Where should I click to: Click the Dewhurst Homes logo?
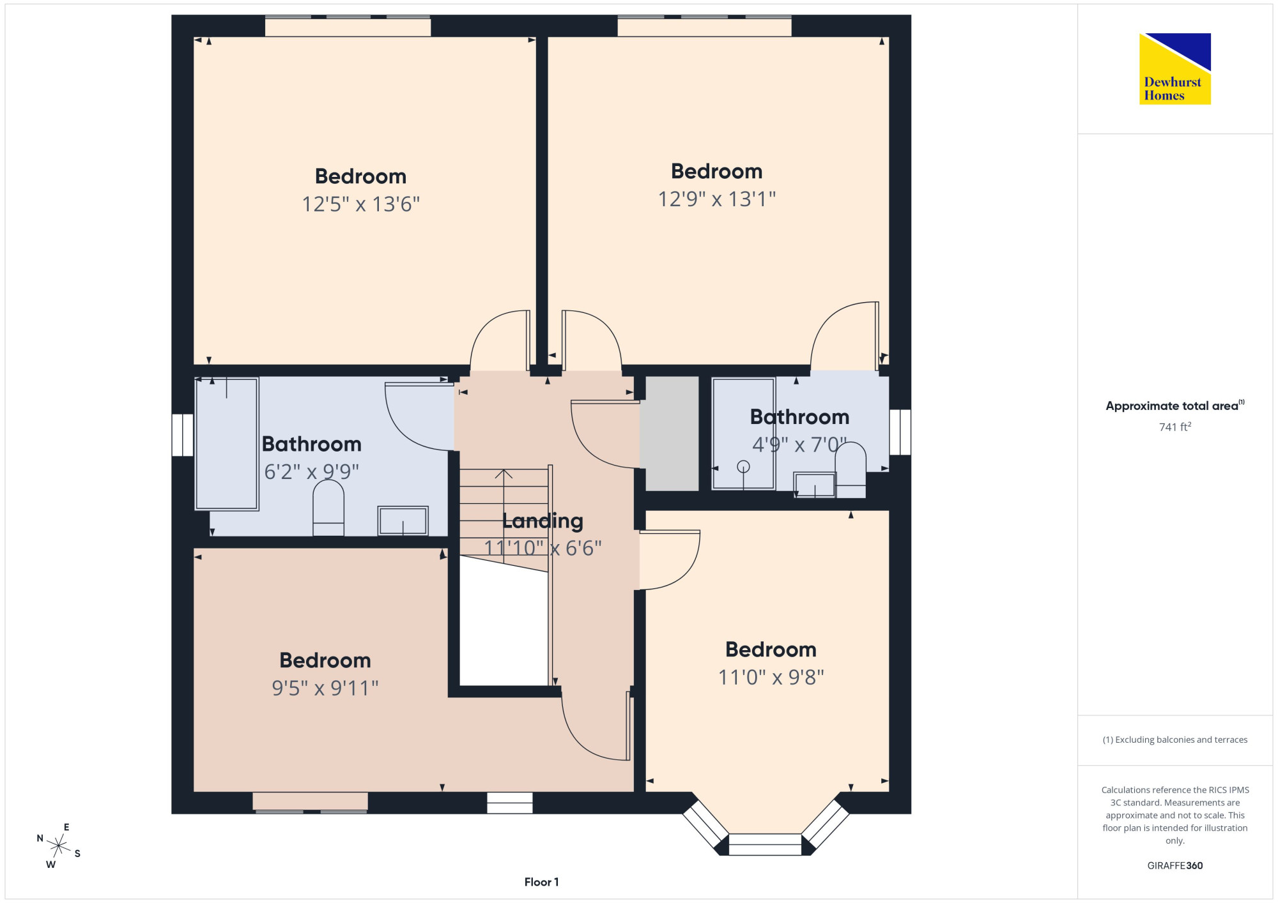tap(1175, 69)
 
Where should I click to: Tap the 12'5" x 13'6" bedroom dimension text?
tap(361, 204)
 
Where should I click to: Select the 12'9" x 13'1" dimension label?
tap(717, 199)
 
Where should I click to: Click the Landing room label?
tap(543, 522)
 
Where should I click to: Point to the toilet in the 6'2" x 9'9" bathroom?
tap(328, 508)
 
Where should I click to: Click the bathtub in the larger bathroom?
tap(227, 444)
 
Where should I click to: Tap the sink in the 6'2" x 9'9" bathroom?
tap(403, 520)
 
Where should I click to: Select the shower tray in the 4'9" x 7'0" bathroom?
tap(744, 434)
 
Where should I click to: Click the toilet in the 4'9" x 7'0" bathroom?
tap(851, 469)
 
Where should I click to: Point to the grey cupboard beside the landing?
tap(672, 434)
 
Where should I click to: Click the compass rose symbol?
tap(59, 847)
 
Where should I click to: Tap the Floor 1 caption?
tap(541, 882)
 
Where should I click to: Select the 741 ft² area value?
tap(1175, 427)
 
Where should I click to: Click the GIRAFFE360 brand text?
tap(1175, 866)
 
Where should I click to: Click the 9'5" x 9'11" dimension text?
tap(325, 688)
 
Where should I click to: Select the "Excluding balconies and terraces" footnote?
tap(1175, 740)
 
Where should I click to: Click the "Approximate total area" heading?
tap(1175, 406)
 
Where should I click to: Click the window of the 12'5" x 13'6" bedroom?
tap(348, 26)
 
